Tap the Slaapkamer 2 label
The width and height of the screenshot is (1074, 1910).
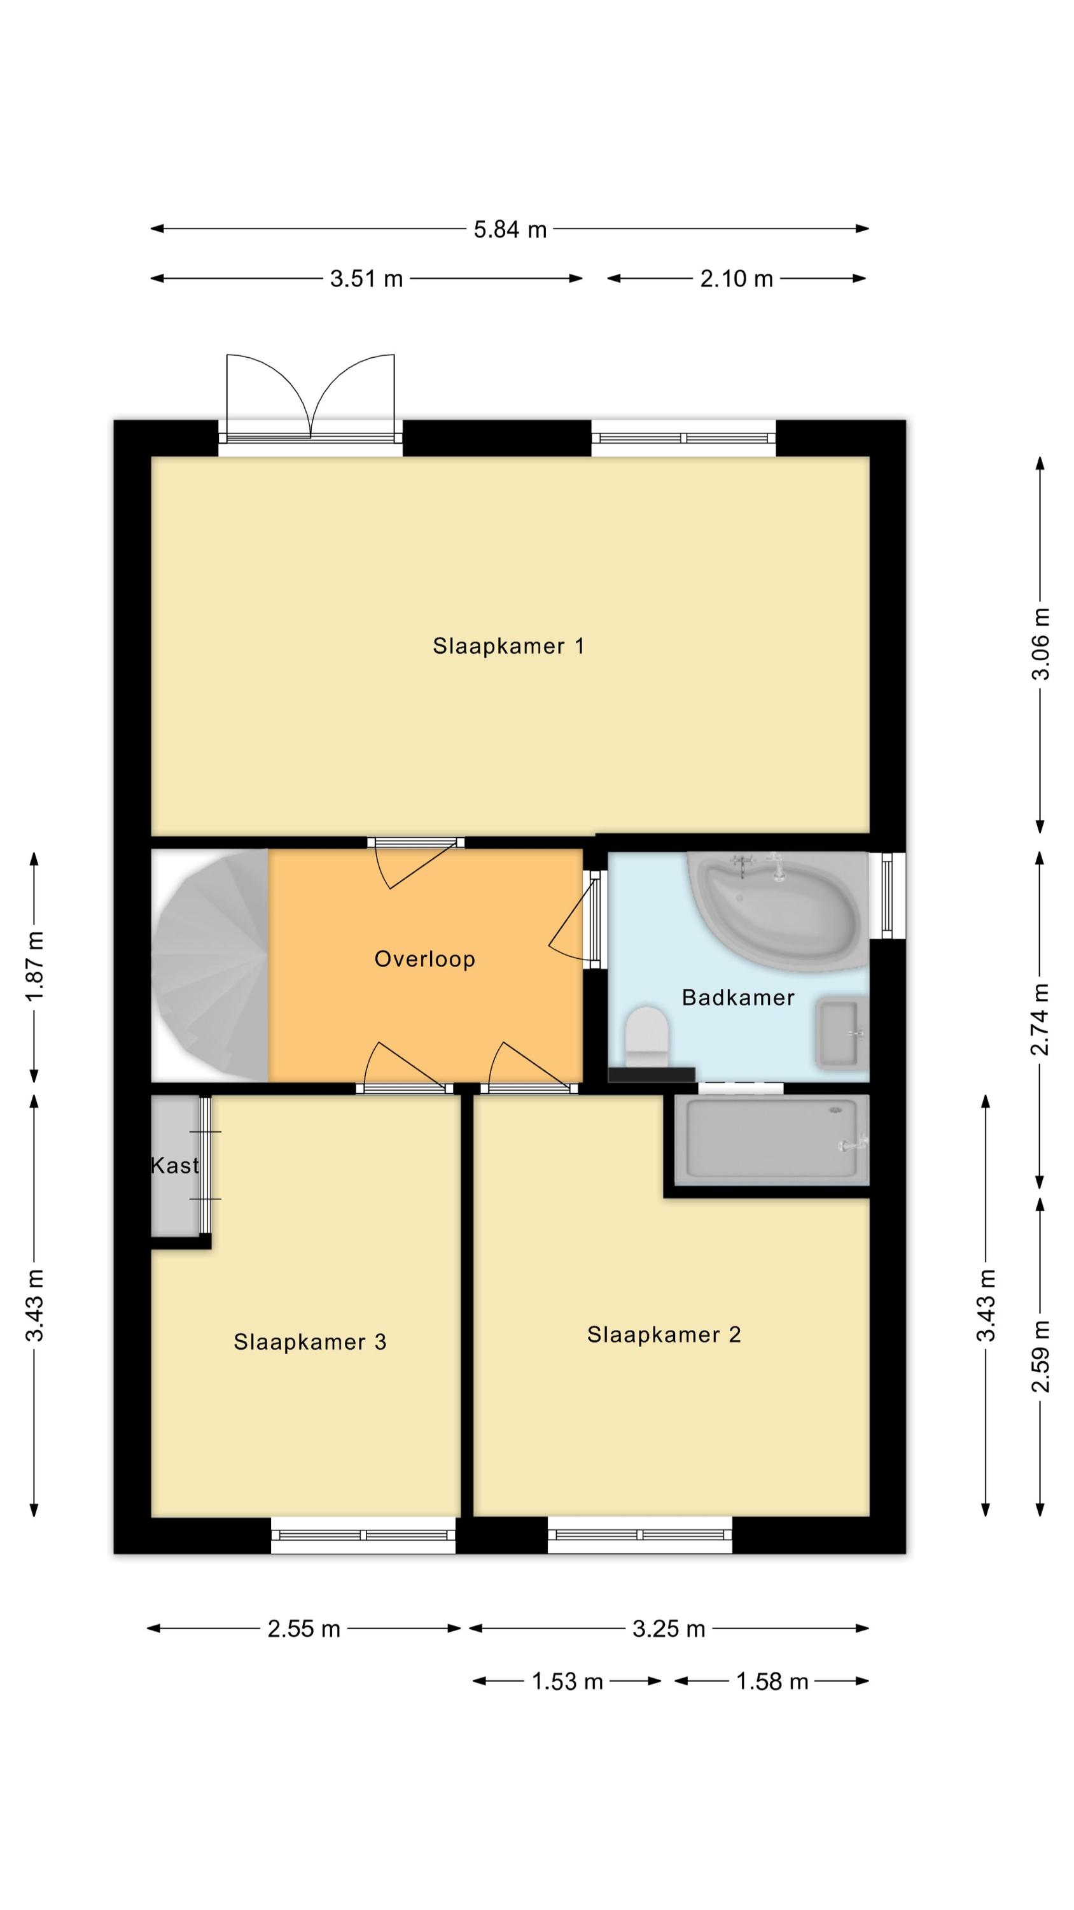(x=664, y=1334)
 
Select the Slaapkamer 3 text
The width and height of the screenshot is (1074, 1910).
(x=310, y=1342)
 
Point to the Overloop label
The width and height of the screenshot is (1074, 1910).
(x=425, y=959)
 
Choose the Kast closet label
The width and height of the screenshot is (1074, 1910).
(x=175, y=1166)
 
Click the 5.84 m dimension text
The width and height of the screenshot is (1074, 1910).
(x=510, y=229)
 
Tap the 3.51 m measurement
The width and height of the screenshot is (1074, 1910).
(x=366, y=279)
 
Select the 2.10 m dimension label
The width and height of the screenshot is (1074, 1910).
(x=737, y=279)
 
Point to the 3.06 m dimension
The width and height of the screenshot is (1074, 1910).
(x=1041, y=644)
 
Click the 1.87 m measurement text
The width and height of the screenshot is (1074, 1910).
(x=35, y=966)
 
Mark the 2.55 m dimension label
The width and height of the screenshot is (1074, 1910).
(x=304, y=1629)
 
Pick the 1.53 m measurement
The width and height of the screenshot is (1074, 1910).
(x=567, y=1681)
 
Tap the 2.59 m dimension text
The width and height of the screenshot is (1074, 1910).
(x=1041, y=1356)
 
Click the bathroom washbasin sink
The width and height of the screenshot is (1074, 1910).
(x=841, y=1033)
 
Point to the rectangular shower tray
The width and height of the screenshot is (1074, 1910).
(x=771, y=1140)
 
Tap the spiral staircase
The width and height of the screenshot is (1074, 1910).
(x=210, y=965)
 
